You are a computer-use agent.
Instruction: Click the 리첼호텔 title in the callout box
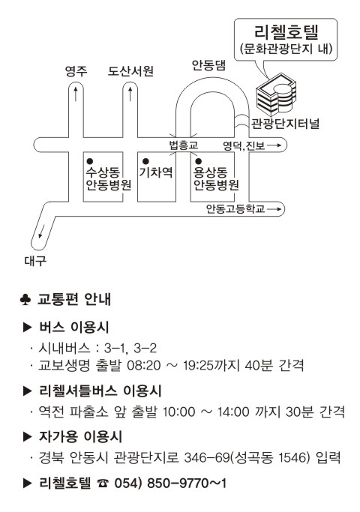pos(286,31)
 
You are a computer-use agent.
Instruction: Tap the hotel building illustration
pos(276,93)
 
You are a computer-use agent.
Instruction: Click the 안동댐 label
pos(208,65)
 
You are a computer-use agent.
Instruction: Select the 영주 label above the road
pos(76,71)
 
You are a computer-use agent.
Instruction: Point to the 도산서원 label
pos(130,71)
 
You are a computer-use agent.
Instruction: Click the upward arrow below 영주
pos(76,94)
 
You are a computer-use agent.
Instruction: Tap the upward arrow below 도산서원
pos(130,94)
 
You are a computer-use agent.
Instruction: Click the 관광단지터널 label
pos(285,124)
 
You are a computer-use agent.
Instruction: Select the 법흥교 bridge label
pos(183,145)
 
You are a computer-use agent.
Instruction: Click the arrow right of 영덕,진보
pos(274,145)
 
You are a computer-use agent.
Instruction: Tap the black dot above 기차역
pos(146,161)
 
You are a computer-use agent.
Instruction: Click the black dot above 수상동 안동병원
pos(90,161)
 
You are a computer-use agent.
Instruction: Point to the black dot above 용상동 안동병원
pos(198,161)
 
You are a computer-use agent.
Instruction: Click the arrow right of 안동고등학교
pos(274,209)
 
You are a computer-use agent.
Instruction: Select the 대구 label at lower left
pos(35,261)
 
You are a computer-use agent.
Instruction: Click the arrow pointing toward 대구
pos(41,231)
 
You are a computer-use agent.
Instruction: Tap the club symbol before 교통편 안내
pos(25,299)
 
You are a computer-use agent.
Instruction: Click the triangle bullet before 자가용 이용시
pos(28,437)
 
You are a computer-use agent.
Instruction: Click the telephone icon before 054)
pos(103,484)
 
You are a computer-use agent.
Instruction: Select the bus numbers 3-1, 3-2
pos(130,348)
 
